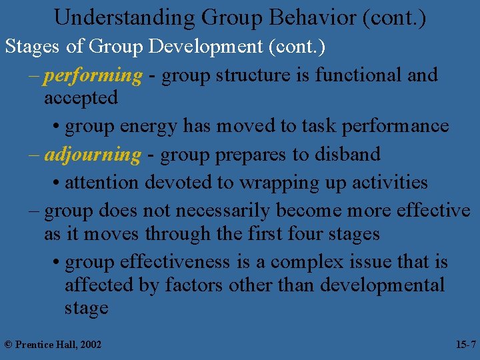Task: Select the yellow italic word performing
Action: point(93,75)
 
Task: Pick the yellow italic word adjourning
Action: point(93,155)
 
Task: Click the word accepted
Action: point(81,99)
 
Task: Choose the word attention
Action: point(101,182)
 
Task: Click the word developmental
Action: point(383,285)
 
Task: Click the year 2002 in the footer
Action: point(89,344)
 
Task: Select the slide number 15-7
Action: point(465,344)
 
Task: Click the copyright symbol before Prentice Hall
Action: point(8,344)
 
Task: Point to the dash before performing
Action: point(33,75)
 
